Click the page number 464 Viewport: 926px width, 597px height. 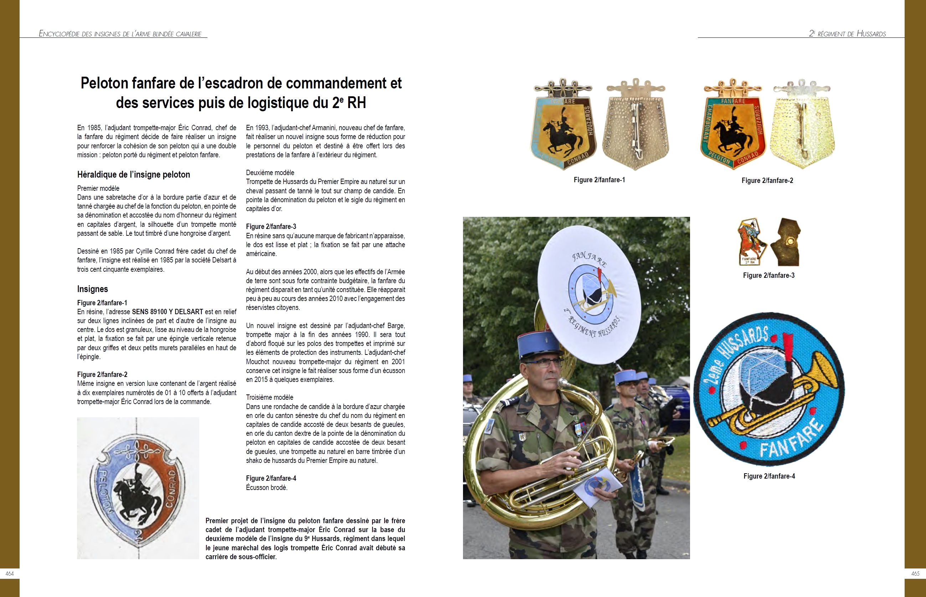[10, 574]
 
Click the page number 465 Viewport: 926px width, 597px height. [915, 574]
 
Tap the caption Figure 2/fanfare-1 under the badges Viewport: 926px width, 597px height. [599, 180]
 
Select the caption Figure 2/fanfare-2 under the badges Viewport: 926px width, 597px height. [767, 181]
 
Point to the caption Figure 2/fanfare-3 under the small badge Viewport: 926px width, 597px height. [768, 276]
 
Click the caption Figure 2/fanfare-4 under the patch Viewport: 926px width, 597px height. [769, 476]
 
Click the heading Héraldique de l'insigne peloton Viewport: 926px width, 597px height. [133, 175]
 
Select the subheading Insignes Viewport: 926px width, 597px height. [92, 289]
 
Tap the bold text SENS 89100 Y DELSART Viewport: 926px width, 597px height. [168, 312]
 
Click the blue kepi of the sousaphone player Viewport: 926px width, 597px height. [540, 345]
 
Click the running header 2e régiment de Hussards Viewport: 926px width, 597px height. [847, 34]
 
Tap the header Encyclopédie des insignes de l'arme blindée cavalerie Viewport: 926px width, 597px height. [120, 34]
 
